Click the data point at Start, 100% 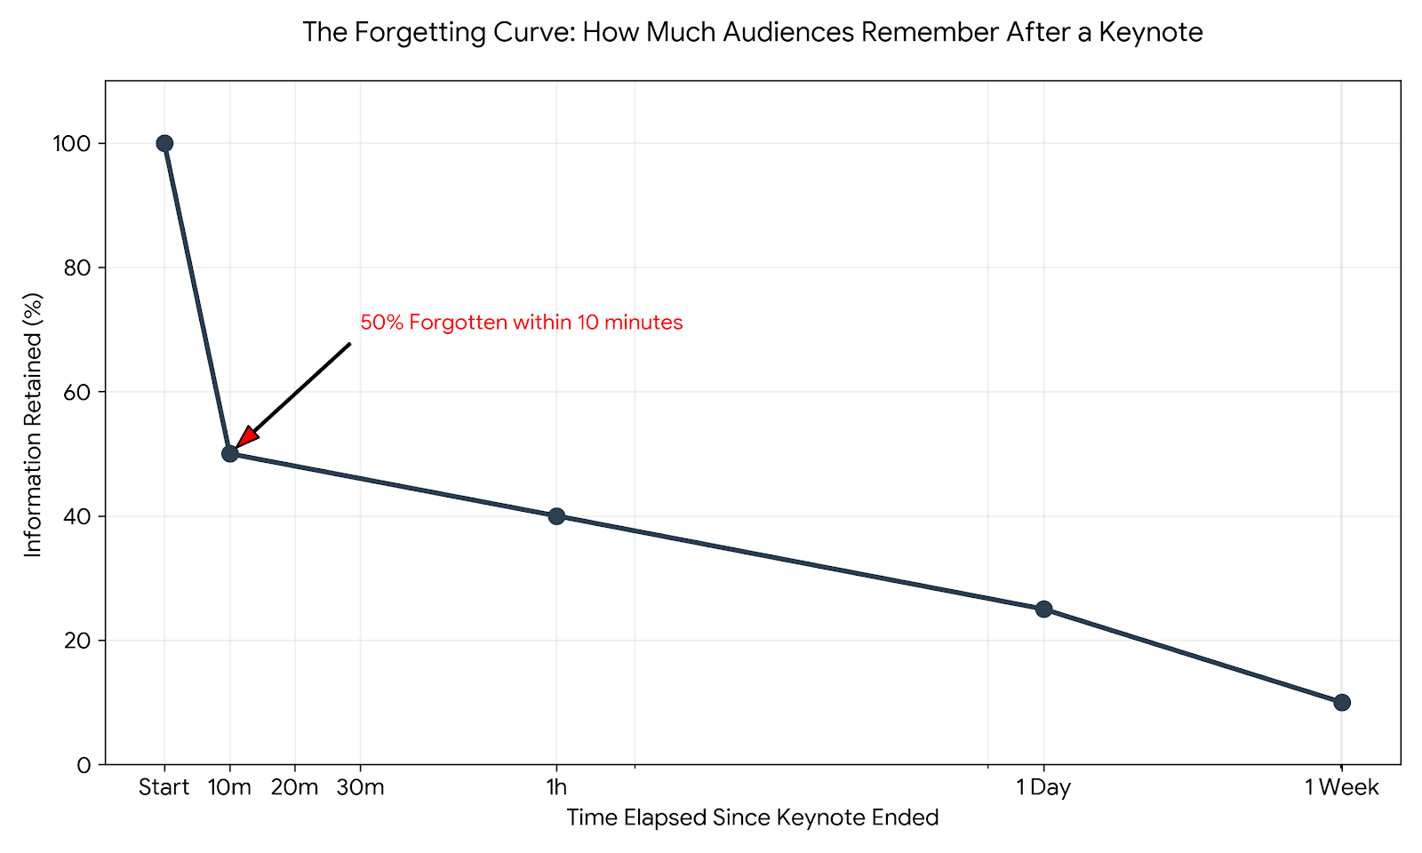point(164,143)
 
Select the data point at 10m point(230,453)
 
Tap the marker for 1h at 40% point(556,516)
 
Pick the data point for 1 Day point(1043,609)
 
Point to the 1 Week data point point(1342,702)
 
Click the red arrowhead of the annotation point(246,437)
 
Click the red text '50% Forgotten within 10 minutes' point(521,323)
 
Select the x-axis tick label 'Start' point(164,787)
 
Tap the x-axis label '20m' point(295,787)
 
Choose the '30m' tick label point(360,787)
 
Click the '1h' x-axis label point(556,787)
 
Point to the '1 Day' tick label point(1043,787)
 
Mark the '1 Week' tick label point(1341,787)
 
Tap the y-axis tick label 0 point(85,765)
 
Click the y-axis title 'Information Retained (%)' point(33,425)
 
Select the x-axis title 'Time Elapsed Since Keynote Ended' point(752,817)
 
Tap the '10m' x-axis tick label point(230,787)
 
